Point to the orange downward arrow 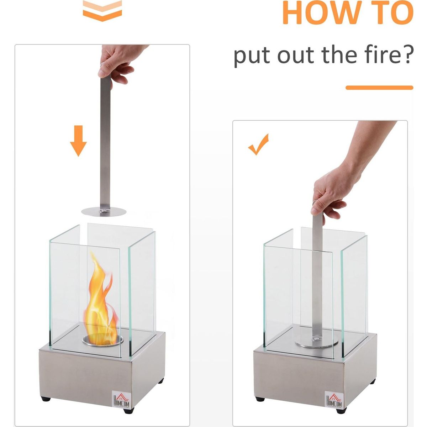click(78, 141)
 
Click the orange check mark click(258, 144)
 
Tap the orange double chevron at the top click(102, 10)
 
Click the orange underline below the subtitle click(379, 88)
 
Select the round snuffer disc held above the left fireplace click(104, 212)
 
